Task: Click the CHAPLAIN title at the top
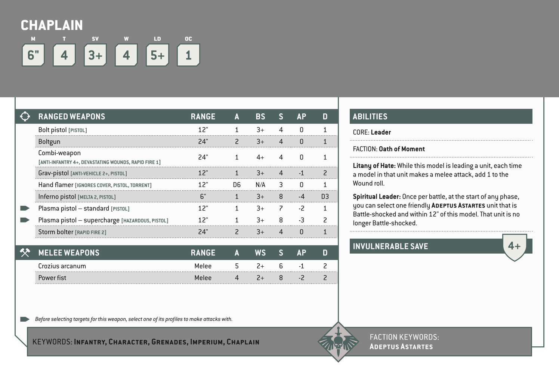point(52,25)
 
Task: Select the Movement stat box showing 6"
point(33,55)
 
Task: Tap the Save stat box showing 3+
point(95,55)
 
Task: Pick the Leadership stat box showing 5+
point(157,55)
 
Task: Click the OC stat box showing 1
point(188,55)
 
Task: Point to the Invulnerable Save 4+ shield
point(514,246)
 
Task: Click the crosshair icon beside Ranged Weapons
point(25,116)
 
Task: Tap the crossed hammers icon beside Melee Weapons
point(25,253)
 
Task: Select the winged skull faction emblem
point(338,341)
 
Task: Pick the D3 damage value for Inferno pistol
point(325,197)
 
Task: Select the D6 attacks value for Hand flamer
point(237,185)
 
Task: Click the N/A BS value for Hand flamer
point(260,185)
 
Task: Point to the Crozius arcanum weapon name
point(62,266)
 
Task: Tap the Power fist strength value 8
point(281,278)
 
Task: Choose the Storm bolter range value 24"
point(203,232)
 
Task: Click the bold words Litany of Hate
point(374,166)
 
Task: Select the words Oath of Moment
point(402,149)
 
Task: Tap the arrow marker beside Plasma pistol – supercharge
point(25,220)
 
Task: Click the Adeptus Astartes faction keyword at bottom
point(401,347)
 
